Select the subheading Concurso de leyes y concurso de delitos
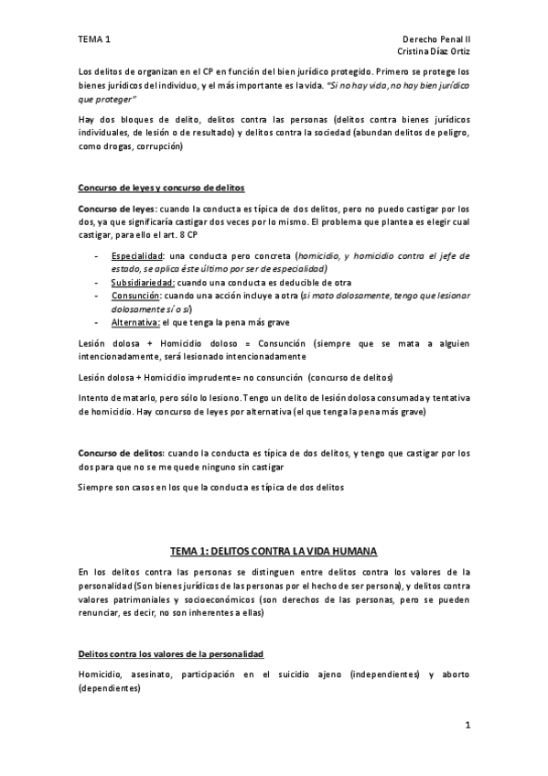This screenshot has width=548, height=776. click(161, 188)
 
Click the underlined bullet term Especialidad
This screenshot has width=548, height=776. click(138, 255)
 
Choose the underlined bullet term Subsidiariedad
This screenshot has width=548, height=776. click(143, 284)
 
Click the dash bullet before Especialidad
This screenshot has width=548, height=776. click(97, 255)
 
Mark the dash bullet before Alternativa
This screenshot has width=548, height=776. click(97, 323)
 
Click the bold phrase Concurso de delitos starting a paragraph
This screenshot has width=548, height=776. click(122, 453)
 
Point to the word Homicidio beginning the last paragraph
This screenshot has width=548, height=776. click(101, 674)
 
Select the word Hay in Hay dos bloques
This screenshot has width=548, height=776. click(87, 120)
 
